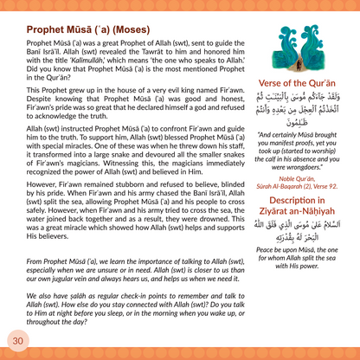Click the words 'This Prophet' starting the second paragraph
tap(32, 89)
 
